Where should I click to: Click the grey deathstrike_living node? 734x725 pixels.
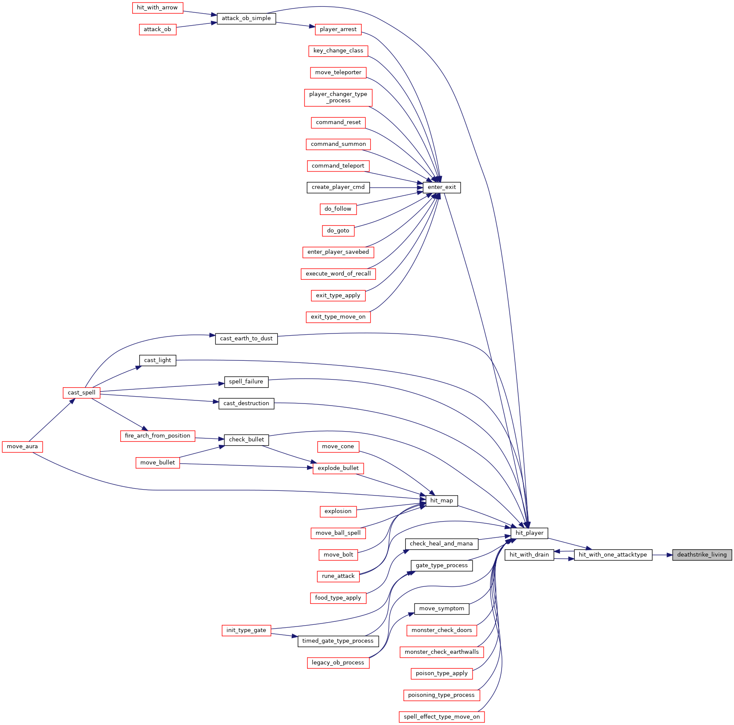click(x=702, y=555)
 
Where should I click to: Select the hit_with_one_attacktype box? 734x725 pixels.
click(x=613, y=555)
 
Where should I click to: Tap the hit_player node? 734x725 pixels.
click(x=529, y=533)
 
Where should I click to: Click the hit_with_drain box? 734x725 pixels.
click(x=529, y=555)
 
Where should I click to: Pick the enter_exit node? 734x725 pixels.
click(x=442, y=187)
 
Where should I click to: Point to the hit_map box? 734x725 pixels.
click(x=442, y=501)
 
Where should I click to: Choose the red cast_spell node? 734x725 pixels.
click(x=81, y=393)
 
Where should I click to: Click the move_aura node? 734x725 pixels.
click(x=23, y=447)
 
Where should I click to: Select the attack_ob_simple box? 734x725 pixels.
click(x=247, y=18)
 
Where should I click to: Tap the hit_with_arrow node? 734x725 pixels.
click(x=157, y=8)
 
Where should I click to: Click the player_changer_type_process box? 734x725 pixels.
click(x=338, y=97)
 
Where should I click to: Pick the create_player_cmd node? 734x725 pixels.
click(x=338, y=187)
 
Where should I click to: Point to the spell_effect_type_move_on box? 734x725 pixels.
click(x=442, y=717)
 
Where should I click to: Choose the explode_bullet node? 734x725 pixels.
click(x=338, y=468)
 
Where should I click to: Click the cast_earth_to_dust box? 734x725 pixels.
click(x=247, y=339)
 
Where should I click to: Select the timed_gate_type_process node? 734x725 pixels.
click(x=338, y=641)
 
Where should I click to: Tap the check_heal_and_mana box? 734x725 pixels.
click(x=441, y=544)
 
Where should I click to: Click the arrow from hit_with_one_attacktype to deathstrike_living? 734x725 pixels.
click(x=662, y=555)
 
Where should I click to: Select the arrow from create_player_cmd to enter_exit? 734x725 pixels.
click(x=396, y=187)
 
